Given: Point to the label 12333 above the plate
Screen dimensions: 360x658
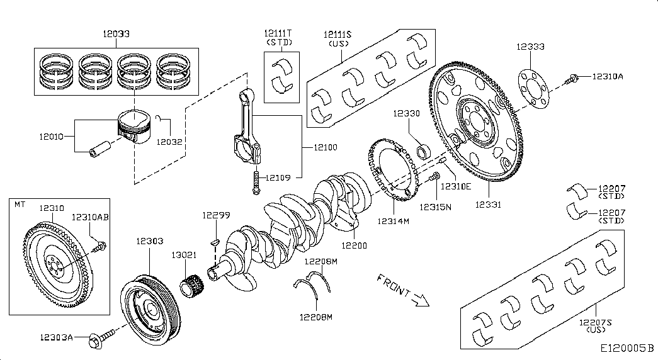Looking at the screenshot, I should (x=530, y=47).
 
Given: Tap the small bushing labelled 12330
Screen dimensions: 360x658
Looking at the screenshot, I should (x=424, y=151).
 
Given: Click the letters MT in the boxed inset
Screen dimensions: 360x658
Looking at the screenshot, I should (x=20, y=204).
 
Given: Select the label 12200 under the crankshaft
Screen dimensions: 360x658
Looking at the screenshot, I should (x=355, y=245).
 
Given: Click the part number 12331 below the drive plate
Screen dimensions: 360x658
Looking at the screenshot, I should (x=489, y=205).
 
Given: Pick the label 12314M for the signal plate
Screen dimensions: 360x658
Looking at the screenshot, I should (x=394, y=221).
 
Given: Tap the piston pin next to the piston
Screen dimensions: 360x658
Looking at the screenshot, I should (x=101, y=152).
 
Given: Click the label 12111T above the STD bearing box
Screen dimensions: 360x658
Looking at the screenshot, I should (x=278, y=33).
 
